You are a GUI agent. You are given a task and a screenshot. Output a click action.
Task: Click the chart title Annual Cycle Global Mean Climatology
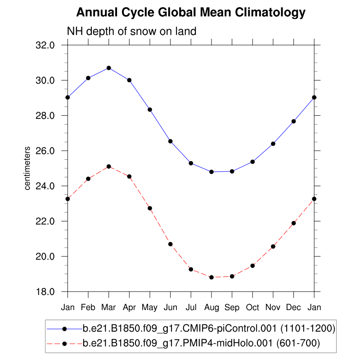pyautogui.click(x=191, y=13)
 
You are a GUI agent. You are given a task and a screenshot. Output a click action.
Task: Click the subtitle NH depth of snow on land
pyautogui.click(x=131, y=31)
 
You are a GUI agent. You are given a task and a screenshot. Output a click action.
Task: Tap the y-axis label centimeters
pyautogui.click(x=27, y=168)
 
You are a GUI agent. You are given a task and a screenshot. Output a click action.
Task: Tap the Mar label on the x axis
pyautogui.click(x=108, y=307)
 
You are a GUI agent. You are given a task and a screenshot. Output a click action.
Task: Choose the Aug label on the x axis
pyautogui.click(x=211, y=307)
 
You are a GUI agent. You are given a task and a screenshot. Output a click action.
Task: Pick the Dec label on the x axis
pyautogui.click(x=293, y=307)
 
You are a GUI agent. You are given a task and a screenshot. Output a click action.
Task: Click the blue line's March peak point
pyautogui.click(x=108, y=68)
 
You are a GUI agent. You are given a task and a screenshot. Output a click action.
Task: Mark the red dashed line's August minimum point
pyautogui.click(x=211, y=277)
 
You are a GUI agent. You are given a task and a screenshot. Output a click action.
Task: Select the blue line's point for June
pyautogui.click(x=170, y=141)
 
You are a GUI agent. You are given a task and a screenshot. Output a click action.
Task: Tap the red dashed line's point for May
pyautogui.click(x=150, y=208)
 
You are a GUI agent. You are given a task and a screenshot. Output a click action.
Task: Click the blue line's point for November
pyautogui.click(x=273, y=144)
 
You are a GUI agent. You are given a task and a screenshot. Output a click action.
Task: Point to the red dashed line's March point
pyautogui.click(x=108, y=166)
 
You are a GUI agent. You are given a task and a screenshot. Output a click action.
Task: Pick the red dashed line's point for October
pyautogui.click(x=252, y=265)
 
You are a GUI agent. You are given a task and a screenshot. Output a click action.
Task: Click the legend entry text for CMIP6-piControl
pyautogui.click(x=209, y=329)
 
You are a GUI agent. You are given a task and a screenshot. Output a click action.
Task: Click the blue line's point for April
pyautogui.click(x=129, y=80)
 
